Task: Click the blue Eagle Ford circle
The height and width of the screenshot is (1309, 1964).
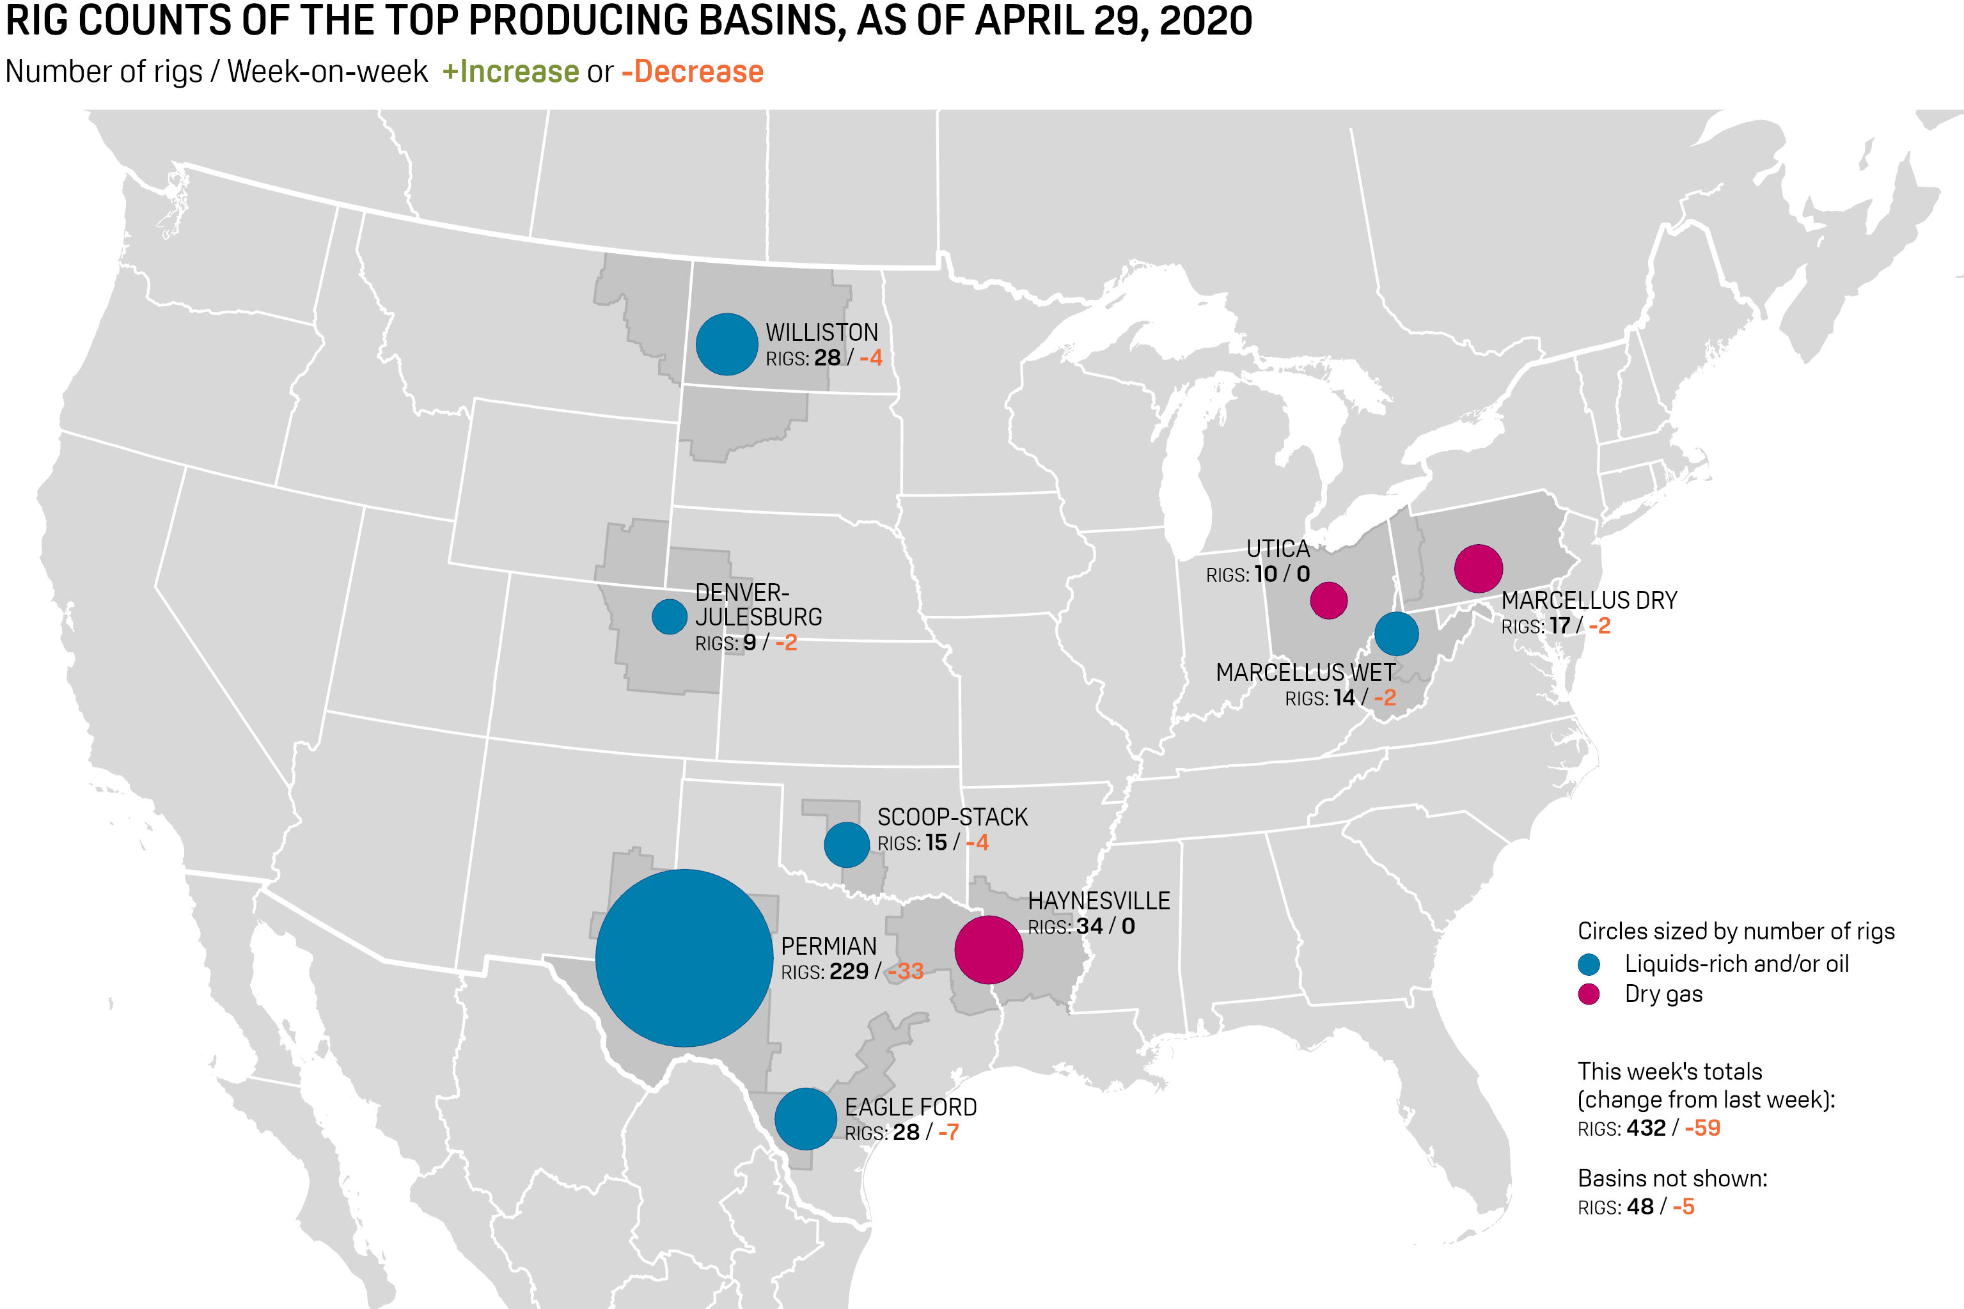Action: pos(805,1118)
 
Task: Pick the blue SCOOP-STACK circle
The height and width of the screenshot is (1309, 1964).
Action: pos(846,844)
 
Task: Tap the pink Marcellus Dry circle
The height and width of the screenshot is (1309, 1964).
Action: pos(1478,568)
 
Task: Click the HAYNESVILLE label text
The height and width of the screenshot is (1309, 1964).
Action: pos(1099,901)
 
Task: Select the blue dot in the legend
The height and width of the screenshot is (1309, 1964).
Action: pos(1589,964)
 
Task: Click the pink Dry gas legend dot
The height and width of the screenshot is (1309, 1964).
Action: pos(1589,994)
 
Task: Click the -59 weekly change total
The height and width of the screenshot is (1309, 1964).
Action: pos(1702,1128)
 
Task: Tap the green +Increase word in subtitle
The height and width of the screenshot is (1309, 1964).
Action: pos(511,72)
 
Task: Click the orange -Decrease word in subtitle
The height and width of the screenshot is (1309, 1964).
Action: pos(692,72)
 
